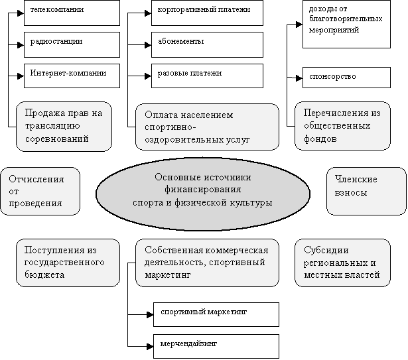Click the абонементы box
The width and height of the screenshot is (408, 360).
click(x=206, y=44)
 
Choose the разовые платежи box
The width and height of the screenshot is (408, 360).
click(x=206, y=75)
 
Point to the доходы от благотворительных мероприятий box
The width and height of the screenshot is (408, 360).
click(x=344, y=25)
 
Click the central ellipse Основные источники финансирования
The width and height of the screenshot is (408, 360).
click(x=203, y=190)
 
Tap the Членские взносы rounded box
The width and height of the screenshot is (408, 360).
click(x=366, y=191)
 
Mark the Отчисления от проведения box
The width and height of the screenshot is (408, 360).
click(x=40, y=191)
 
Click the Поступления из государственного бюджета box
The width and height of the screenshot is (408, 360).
click(x=68, y=263)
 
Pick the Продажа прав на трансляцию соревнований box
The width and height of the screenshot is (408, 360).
click(x=68, y=126)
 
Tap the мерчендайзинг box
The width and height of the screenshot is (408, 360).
click(x=216, y=345)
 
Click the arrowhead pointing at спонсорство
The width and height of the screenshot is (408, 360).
click(x=298, y=78)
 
